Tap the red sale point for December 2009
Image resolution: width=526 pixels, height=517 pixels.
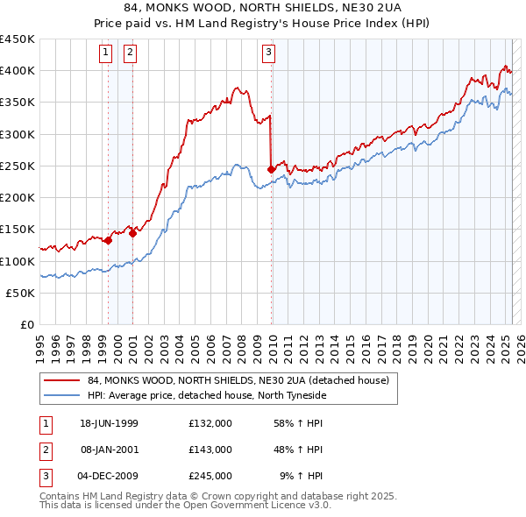(271, 169)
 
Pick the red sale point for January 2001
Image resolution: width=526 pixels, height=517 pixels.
(132, 233)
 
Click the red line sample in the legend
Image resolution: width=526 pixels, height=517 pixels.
(62, 380)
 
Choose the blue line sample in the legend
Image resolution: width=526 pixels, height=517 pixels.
(62, 395)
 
